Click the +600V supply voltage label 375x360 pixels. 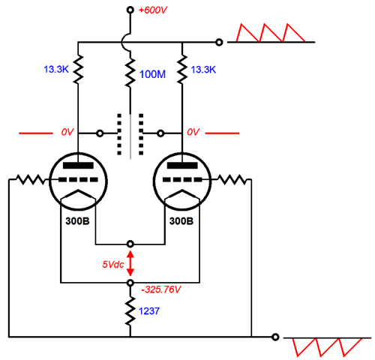153,10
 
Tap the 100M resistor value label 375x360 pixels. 152,74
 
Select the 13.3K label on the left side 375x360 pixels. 56,69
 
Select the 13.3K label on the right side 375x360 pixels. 203,70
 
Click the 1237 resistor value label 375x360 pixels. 149,311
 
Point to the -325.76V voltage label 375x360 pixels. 160,289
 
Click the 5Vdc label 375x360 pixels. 113,264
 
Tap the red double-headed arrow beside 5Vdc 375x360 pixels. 130,263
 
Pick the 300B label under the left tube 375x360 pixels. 77,221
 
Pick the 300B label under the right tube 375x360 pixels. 181,221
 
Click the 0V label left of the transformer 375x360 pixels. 67,132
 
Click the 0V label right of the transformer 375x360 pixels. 193,132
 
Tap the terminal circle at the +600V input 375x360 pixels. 130,10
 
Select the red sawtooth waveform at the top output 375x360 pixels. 271,33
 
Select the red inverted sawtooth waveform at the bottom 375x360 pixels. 327,347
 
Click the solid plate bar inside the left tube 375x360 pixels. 78,165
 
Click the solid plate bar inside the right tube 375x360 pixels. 182,165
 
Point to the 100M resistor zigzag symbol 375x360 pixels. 130,72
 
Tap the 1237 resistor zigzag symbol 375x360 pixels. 130,311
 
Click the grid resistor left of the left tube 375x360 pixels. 31,179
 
